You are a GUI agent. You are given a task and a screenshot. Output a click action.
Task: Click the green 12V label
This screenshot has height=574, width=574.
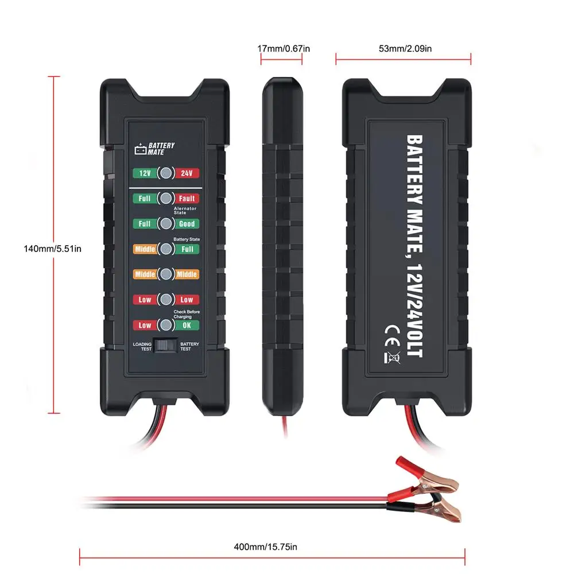click(x=144, y=173)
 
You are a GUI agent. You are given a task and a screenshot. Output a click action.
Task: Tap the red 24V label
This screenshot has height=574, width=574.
click(x=186, y=173)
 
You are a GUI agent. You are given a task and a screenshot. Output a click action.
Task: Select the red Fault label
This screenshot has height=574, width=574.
click(x=186, y=199)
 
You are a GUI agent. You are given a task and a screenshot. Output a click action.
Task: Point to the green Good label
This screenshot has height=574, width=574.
click(x=186, y=224)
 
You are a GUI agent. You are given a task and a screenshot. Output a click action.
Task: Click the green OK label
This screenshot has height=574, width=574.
click(x=186, y=325)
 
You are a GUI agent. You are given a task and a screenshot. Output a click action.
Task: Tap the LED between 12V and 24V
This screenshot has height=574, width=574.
click(x=165, y=173)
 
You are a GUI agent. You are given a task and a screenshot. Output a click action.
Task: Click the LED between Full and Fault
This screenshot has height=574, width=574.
click(x=165, y=199)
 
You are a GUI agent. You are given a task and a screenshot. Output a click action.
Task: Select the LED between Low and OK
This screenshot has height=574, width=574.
click(x=165, y=325)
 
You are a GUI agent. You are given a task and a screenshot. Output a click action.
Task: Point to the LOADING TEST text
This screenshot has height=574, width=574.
click(x=142, y=347)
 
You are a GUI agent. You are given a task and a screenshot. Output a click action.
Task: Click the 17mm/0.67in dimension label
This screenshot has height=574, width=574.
click(x=284, y=49)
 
